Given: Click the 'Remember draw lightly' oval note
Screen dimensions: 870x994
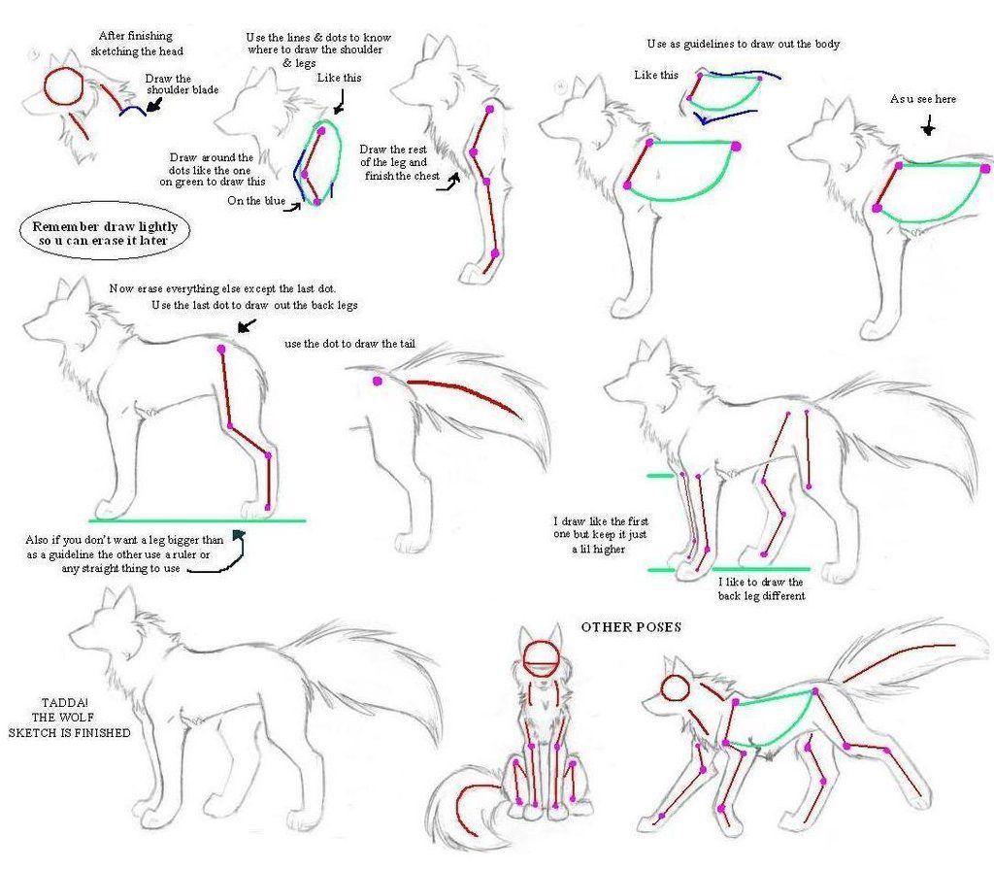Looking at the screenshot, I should click(105, 233).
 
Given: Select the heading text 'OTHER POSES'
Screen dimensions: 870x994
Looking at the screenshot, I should click(631, 627).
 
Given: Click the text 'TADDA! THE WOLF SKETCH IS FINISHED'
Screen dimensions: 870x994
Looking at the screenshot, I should click(69, 718).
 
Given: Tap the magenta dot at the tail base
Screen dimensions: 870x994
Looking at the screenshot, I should click(378, 382).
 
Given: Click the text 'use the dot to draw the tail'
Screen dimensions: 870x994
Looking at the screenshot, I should click(364, 345).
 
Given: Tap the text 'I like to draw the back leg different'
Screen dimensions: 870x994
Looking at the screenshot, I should click(761, 588).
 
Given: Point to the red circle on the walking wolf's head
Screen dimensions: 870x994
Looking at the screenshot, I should click(675, 688).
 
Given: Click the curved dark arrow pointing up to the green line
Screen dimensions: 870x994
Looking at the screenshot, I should click(228, 553).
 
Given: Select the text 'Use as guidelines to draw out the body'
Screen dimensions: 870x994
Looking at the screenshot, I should click(743, 45).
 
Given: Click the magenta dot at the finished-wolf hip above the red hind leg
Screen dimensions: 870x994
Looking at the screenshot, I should click(221, 348).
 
